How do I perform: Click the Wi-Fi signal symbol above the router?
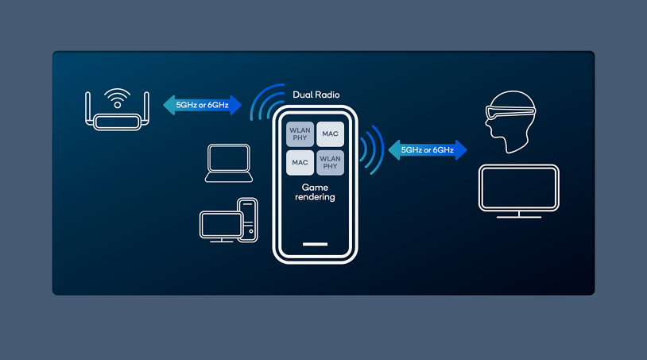(118, 99)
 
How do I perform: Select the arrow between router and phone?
(202, 105)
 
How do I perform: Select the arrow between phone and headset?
(427, 149)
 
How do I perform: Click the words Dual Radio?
(316, 95)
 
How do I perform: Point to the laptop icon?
(228, 164)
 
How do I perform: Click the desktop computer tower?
(247, 219)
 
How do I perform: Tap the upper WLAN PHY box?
(300, 134)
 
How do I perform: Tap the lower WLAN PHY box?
(331, 162)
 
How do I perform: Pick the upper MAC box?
(331, 134)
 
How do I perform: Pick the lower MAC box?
(300, 162)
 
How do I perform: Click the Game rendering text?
(316, 192)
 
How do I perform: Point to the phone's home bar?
(316, 244)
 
